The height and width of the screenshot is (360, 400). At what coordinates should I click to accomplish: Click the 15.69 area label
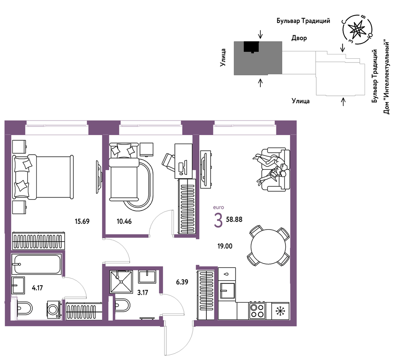[x=82, y=221]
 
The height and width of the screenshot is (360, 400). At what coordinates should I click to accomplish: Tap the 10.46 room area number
[x=124, y=221]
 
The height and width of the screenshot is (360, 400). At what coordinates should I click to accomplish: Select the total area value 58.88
[x=234, y=220]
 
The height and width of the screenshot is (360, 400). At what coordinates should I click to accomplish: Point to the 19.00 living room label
[x=225, y=246]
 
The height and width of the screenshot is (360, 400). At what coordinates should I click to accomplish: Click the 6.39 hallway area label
[x=182, y=282]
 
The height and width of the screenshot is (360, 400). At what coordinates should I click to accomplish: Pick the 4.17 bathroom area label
[x=37, y=288]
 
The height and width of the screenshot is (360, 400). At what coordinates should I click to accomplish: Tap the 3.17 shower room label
[x=143, y=293]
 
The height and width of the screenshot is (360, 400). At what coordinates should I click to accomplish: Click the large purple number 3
[x=218, y=220]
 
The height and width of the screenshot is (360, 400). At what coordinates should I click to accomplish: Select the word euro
[x=219, y=208]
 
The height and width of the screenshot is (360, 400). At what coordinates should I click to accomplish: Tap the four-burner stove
[x=257, y=311]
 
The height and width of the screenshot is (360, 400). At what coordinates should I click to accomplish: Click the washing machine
[x=54, y=310]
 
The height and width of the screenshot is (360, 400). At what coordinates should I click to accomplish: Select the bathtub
[x=36, y=264]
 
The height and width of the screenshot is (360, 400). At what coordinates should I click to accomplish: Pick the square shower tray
[x=121, y=282]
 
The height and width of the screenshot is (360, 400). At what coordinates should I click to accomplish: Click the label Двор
[x=299, y=38]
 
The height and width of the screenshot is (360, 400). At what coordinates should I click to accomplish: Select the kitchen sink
[x=227, y=291]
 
